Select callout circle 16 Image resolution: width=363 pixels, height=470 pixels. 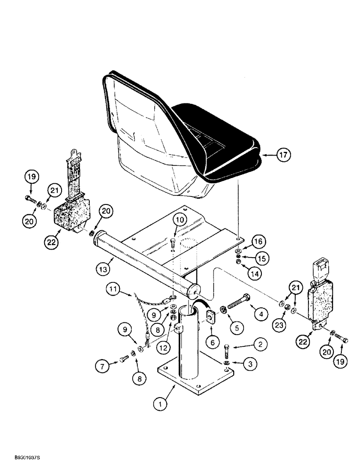coord(258,242)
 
